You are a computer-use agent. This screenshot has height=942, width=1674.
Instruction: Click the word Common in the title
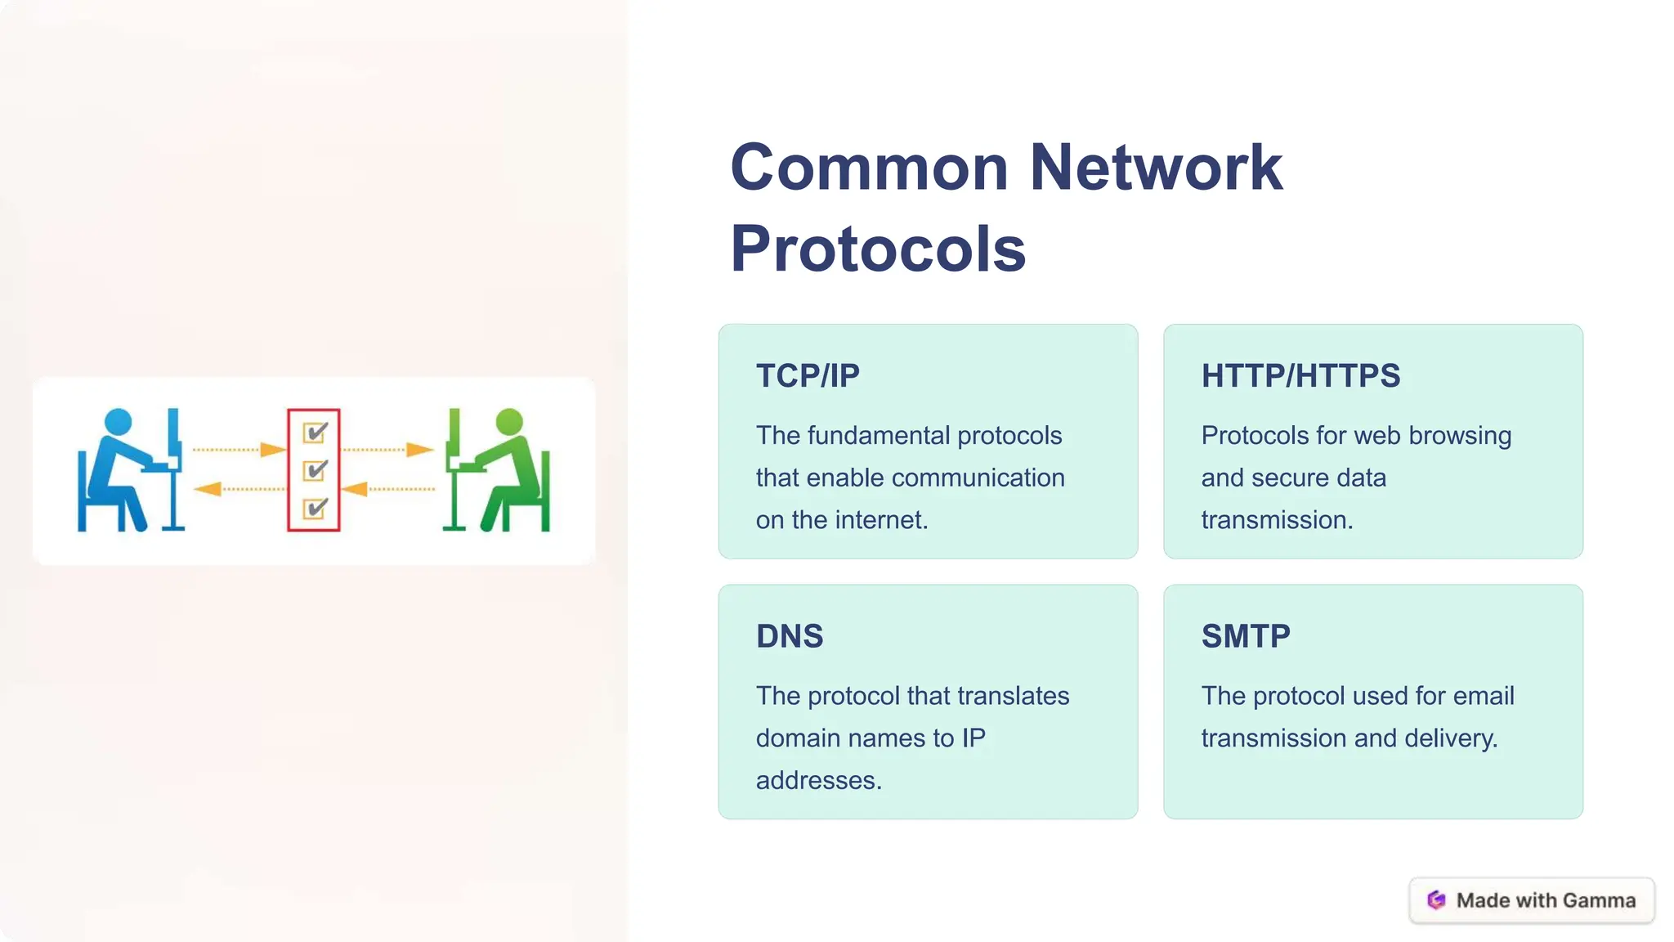pyautogui.click(x=869, y=168)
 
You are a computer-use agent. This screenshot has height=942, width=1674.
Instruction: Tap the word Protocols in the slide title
pyautogui.click(x=878, y=249)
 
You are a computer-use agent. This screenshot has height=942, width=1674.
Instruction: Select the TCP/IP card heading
pyautogui.click(x=808, y=376)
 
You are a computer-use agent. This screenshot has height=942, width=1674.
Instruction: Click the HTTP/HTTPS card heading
pyautogui.click(x=1300, y=376)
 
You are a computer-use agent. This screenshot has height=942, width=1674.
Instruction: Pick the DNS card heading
pyautogui.click(x=790, y=636)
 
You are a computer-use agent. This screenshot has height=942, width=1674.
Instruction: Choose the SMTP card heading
pyautogui.click(x=1246, y=636)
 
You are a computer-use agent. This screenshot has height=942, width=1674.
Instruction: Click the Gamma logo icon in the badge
pyautogui.click(x=1436, y=900)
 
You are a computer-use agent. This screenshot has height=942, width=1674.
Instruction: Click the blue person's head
pyautogui.click(x=119, y=421)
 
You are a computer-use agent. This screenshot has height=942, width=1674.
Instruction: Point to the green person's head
pyautogui.click(x=509, y=421)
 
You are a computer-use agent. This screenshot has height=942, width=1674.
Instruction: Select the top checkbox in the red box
pyautogui.click(x=315, y=432)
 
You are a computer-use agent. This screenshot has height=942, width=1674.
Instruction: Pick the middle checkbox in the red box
pyautogui.click(x=315, y=470)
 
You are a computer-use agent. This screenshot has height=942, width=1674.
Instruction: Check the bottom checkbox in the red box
pyautogui.click(x=315, y=509)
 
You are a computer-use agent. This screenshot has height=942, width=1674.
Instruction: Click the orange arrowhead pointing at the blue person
pyautogui.click(x=208, y=489)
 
